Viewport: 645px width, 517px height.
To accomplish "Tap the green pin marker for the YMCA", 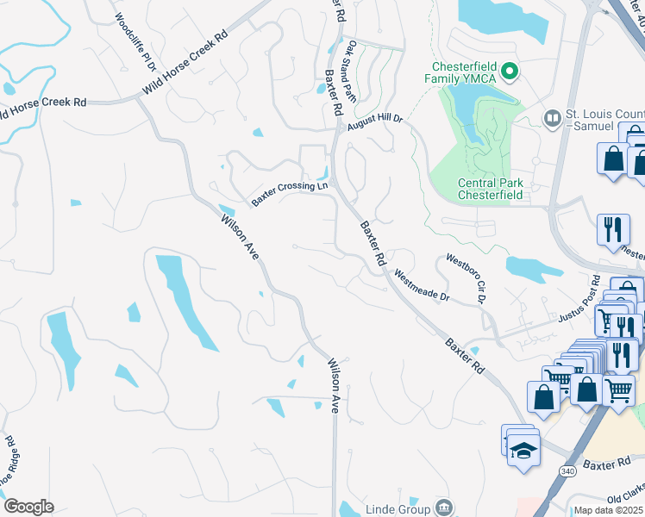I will (510, 72).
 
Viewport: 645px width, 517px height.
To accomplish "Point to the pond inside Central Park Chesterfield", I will (471, 117).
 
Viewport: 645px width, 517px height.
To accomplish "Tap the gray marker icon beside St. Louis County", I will (552, 116).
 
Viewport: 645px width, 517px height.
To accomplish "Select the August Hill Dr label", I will (375, 124).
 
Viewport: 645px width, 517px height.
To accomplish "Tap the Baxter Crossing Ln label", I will (290, 192).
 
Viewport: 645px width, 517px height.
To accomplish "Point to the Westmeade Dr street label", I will (422, 285).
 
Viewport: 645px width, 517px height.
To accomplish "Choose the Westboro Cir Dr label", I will (467, 278).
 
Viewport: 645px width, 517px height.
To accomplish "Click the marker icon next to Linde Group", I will (443, 506).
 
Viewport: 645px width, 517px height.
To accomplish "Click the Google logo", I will (28, 507).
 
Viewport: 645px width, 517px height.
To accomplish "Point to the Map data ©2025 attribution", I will (609, 510).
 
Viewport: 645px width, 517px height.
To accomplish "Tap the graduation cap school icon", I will (523, 451).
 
